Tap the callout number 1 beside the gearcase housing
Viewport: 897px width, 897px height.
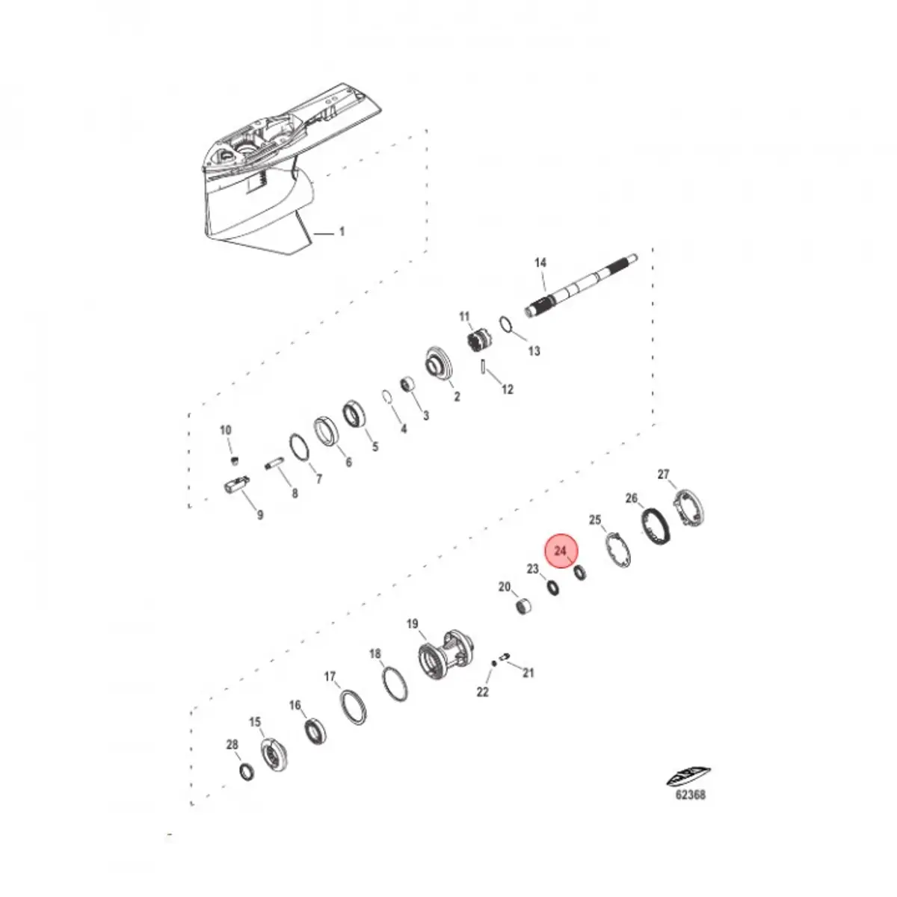point(342,232)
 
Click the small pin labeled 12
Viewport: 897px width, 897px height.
point(485,368)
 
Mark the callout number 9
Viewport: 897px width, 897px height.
point(259,515)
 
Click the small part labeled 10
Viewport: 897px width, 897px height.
point(234,458)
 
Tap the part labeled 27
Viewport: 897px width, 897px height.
point(691,508)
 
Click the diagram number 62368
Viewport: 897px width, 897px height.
point(690,795)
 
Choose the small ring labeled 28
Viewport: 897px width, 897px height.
point(245,772)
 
